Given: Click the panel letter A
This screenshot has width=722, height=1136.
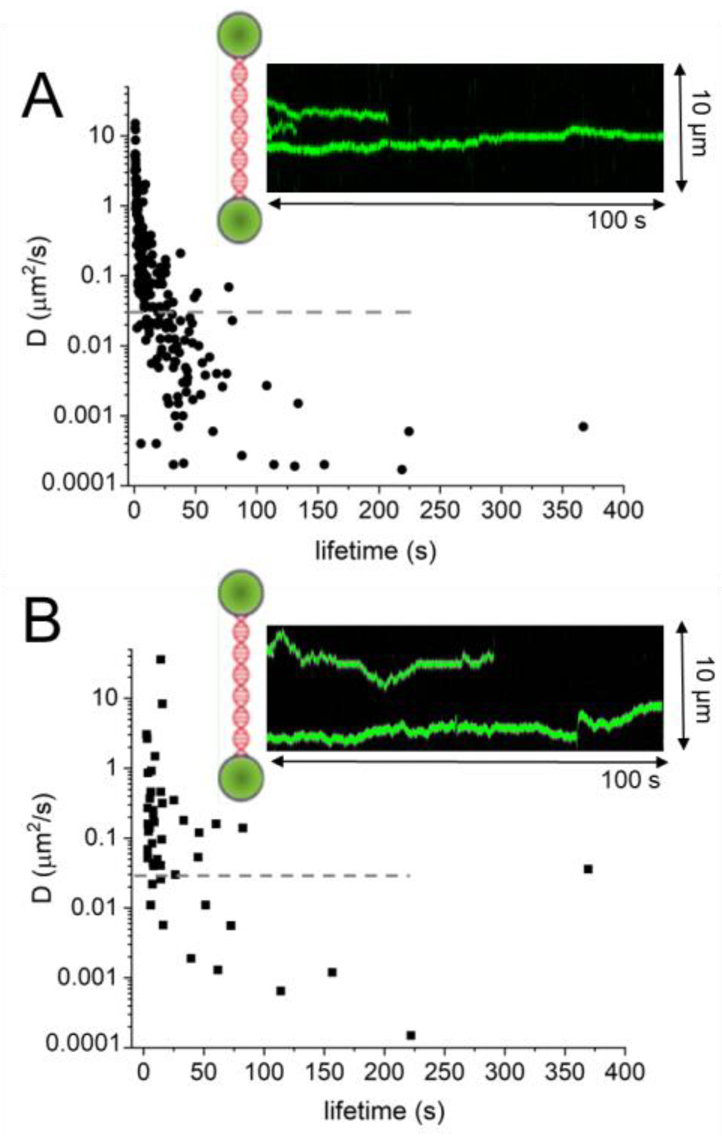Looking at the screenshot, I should click(42, 99).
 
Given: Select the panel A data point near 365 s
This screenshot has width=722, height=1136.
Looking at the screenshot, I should click(583, 426).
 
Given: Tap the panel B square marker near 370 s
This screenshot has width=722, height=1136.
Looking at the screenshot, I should click(588, 869).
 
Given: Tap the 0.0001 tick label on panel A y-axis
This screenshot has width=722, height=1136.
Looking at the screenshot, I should click(82, 483).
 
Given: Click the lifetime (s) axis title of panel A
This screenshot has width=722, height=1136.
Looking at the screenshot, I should click(375, 551).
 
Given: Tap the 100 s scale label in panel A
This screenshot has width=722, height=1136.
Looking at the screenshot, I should click(616, 220).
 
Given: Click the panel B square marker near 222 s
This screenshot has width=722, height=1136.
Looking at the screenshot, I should click(410, 1035).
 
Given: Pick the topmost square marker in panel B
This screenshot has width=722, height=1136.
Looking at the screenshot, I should click(160, 659).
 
